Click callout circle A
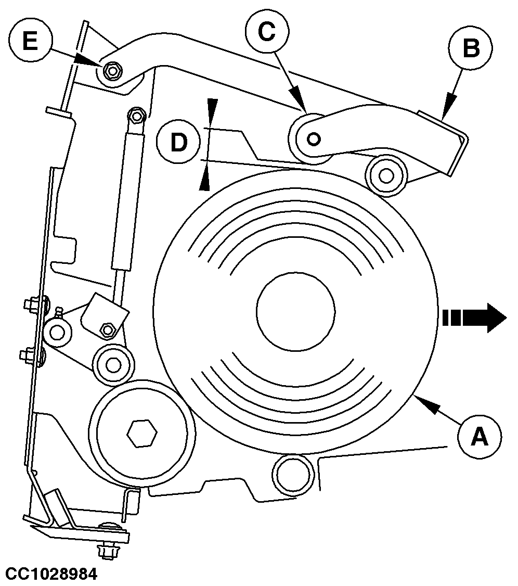point(479,436)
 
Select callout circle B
point(471,49)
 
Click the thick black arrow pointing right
point(474,318)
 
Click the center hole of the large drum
point(295,311)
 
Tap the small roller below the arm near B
point(385,176)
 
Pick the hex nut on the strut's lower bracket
point(108,329)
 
